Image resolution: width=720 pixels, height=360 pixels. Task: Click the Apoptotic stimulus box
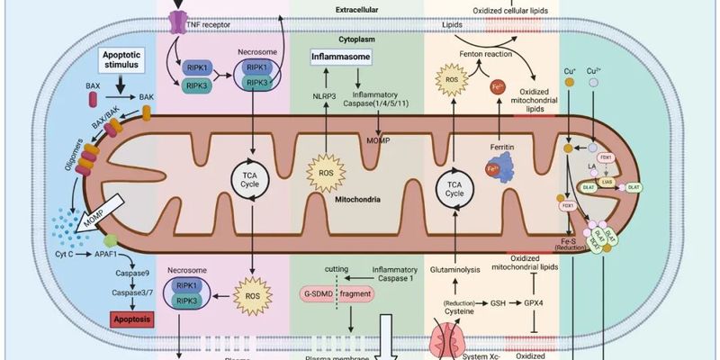[x=122, y=63]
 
